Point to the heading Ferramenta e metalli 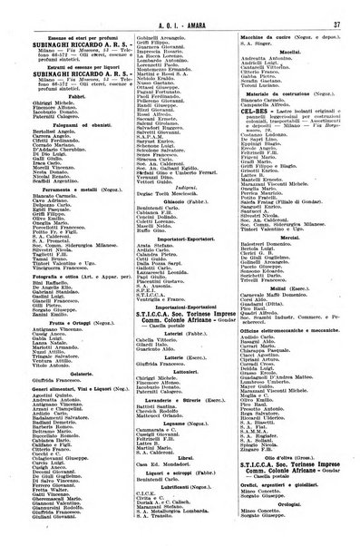(x=67, y=212)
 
